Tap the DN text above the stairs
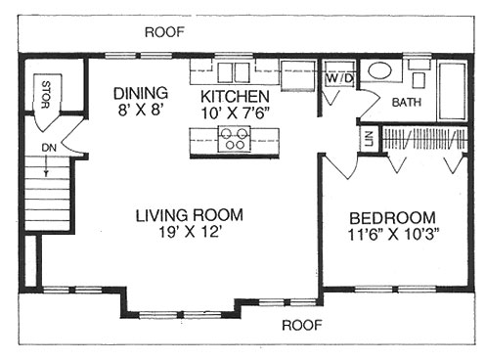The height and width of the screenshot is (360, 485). (49, 149)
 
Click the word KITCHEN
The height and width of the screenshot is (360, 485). (235, 96)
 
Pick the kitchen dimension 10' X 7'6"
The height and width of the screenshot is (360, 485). (235, 112)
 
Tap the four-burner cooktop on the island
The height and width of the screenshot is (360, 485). (236, 140)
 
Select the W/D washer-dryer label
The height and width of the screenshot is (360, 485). (338, 76)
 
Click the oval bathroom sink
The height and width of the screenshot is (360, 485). (381, 72)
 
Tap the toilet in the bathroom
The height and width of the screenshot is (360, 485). (419, 74)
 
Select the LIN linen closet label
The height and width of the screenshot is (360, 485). (369, 138)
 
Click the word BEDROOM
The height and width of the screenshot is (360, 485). (392, 217)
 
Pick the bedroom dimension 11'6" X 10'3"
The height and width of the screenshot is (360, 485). (392, 235)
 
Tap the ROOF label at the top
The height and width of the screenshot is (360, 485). (164, 31)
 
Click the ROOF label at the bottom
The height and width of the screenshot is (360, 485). (302, 324)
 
